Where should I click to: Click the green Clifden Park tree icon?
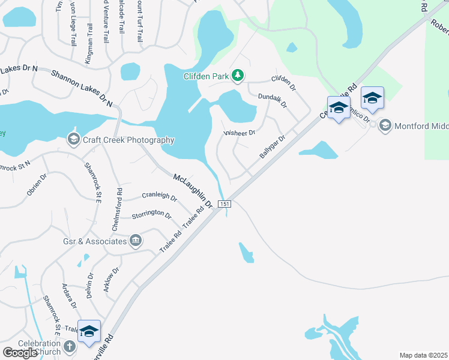click(x=238, y=75)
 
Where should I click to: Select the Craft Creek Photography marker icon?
click(x=73, y=140)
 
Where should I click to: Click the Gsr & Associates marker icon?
click(x=135, y=241)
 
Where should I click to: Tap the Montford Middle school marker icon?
click(x=385, y=125)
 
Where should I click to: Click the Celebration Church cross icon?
click(x=70, y=347)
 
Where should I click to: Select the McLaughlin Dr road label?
click(x=193, y=191)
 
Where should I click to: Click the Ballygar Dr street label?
click(x=272, y=146)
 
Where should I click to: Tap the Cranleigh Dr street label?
click(x=159, y=196)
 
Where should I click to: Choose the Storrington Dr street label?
click(x=151, y=213)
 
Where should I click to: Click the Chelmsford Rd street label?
click(x=118, y=209)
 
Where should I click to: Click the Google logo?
click(x=20, y=353)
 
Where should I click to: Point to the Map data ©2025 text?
click(x=423, y=355)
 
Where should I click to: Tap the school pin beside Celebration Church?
click(x=89, y=331)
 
